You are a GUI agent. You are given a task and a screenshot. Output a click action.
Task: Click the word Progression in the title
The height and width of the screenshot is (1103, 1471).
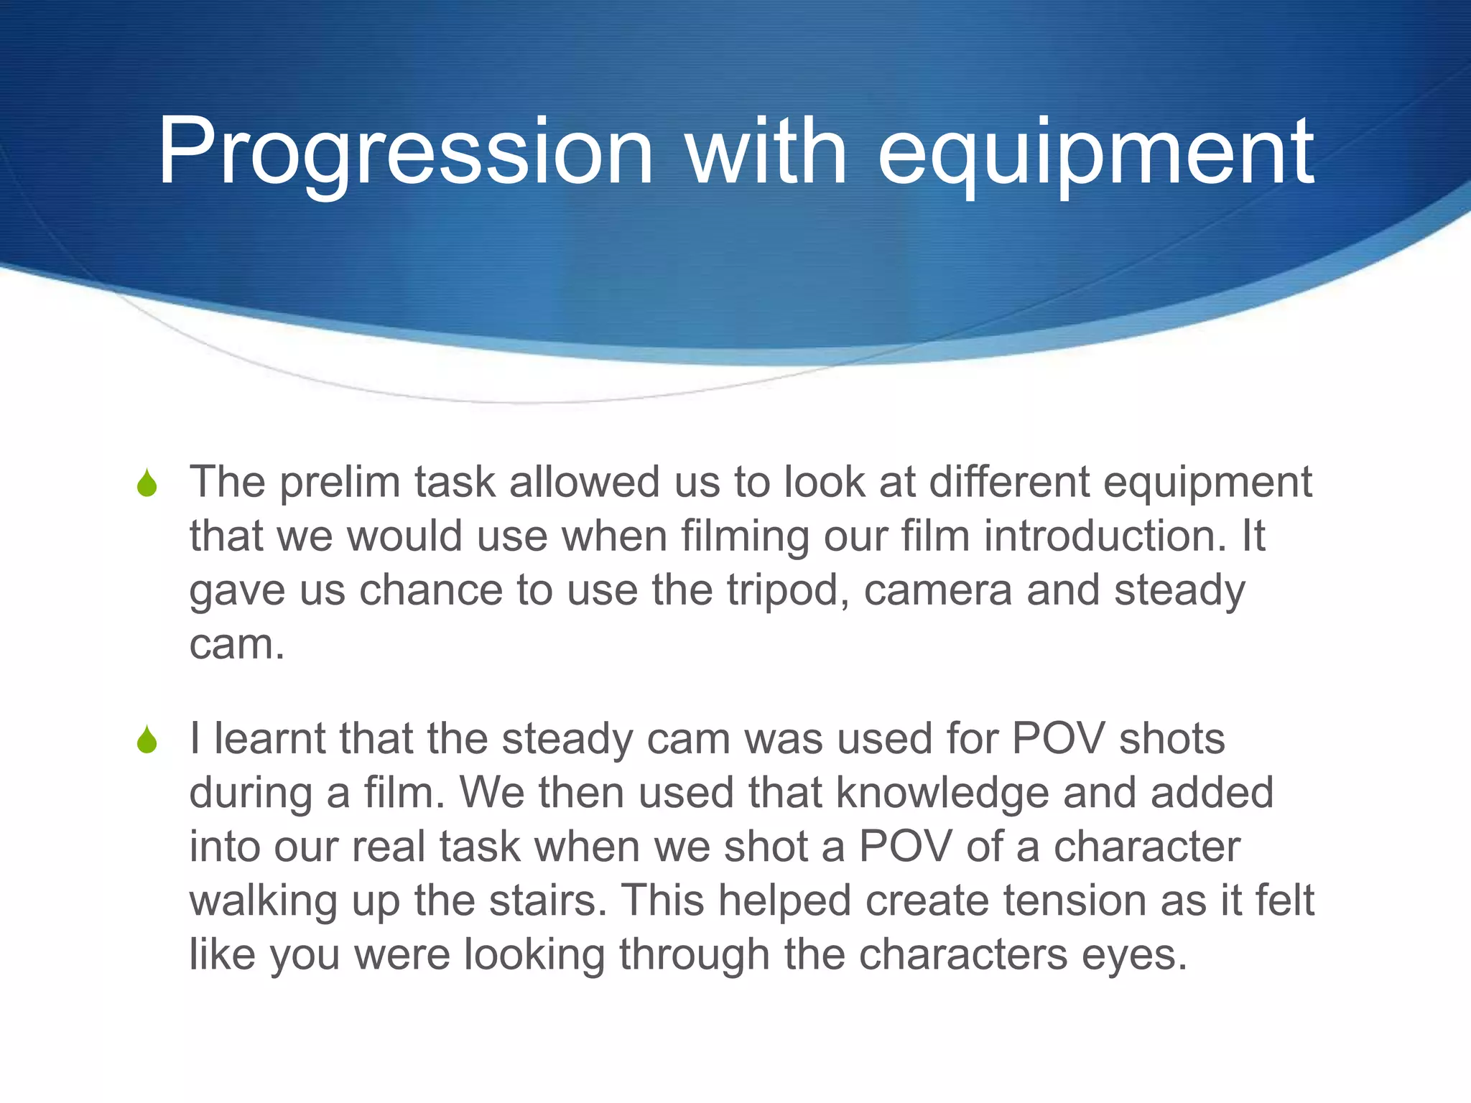click(x=405, y=152)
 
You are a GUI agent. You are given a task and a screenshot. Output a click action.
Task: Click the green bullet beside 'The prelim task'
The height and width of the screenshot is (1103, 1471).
click(x=147, y=483)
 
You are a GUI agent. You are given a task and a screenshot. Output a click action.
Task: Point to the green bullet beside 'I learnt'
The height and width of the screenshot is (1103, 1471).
click(x=147, y=740)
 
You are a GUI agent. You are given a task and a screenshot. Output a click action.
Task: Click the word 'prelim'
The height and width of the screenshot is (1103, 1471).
click(x=339, y=483)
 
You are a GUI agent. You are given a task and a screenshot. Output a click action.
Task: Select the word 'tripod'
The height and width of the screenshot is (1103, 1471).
click(x=787, y=591)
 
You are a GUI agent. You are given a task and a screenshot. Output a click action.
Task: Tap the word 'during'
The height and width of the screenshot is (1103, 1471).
click(x=251, y=794)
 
